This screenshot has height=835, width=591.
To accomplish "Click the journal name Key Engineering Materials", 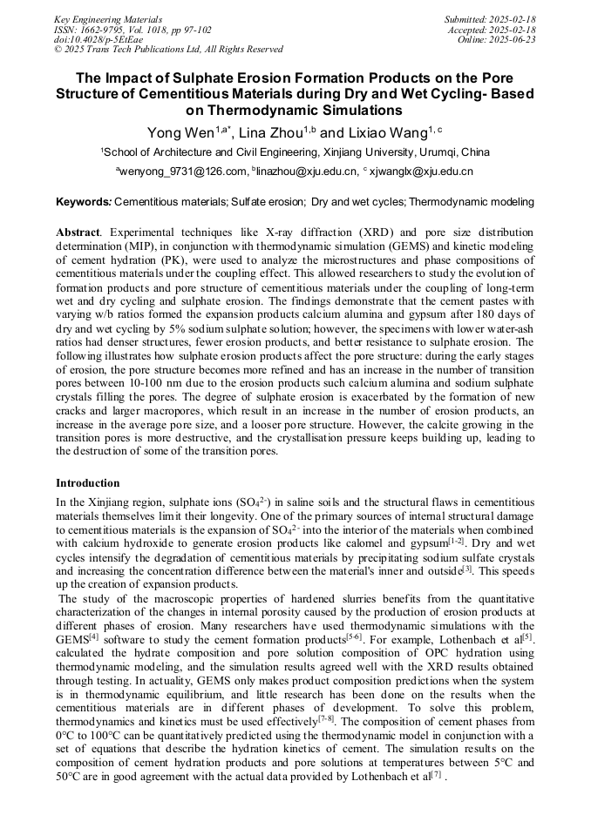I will (x=110, y=18).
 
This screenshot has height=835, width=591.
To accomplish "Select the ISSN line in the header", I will (x=132, y=29).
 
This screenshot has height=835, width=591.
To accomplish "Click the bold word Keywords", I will (x=83, y=202).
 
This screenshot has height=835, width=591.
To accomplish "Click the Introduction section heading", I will (x=87, y=482).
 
